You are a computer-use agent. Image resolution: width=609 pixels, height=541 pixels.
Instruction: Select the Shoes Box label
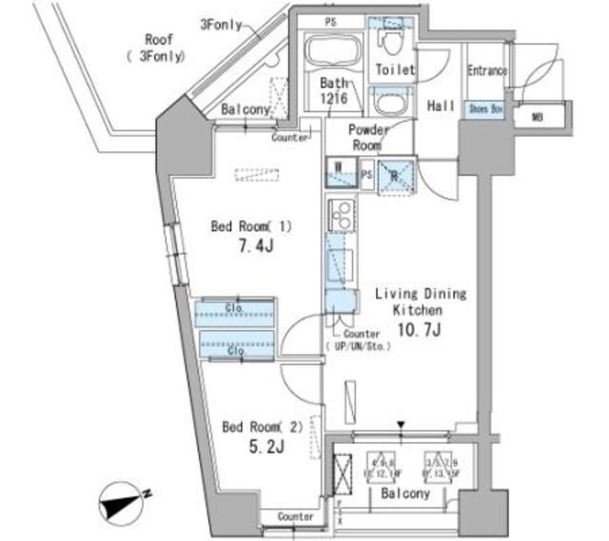[484, 109]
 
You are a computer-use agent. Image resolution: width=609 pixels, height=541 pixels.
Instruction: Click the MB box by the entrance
[538, 117]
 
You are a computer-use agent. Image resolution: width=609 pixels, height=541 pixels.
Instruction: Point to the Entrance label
[486, 71]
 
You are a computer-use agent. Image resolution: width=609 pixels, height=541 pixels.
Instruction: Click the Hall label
[441, 106]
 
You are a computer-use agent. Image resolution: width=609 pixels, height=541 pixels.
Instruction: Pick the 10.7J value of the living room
[418, 330]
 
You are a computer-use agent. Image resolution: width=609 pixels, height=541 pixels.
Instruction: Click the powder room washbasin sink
[388, 100]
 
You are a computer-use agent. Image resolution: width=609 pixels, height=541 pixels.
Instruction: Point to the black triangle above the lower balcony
[401, 426]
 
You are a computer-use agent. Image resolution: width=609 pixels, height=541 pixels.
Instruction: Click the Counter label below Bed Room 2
[296, 516]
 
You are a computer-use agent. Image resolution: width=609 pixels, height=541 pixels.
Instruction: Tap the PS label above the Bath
[330, 21]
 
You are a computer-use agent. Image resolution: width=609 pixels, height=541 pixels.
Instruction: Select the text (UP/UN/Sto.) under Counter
[354, 347]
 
